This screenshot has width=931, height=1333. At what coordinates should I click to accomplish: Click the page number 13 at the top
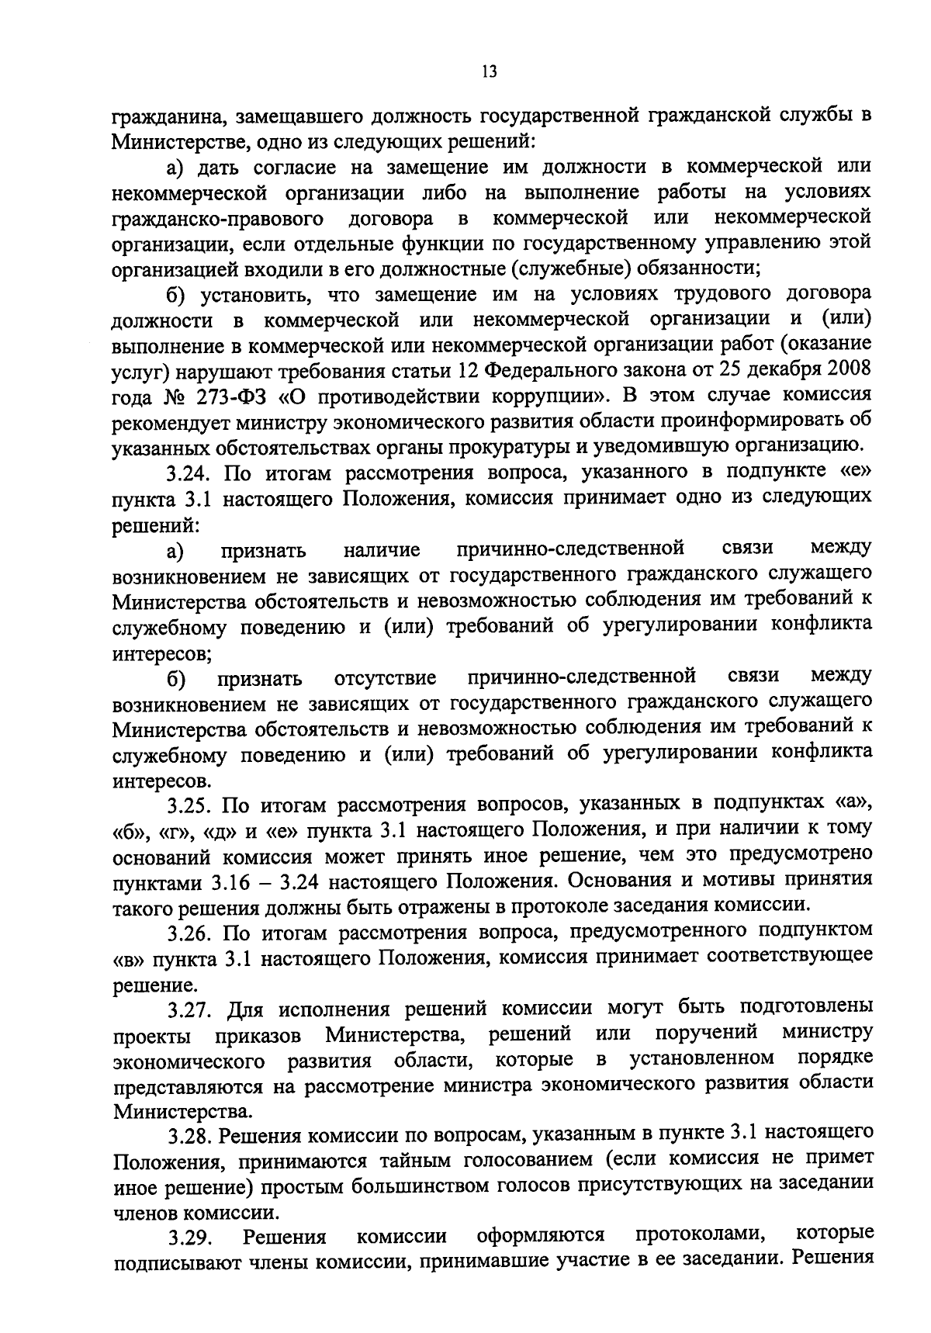tap(488, 72)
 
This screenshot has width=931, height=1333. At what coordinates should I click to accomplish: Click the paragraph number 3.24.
tap(190, 472)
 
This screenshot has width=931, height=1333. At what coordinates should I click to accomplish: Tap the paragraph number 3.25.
tap(190, 805)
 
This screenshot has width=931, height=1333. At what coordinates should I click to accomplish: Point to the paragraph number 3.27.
tap(190, 1009)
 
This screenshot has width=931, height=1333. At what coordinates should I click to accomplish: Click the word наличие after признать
tap(382, 551)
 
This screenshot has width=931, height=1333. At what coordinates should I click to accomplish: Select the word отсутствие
tap(386, 679)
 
